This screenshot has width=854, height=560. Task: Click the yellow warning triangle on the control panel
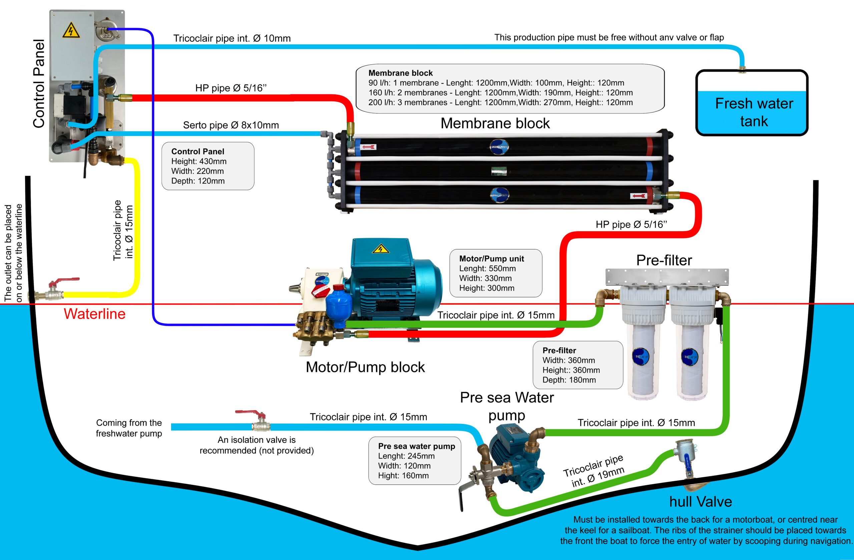[71, 30]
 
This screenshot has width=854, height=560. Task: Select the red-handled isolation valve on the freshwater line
[251, 413]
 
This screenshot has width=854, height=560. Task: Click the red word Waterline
[95, 314]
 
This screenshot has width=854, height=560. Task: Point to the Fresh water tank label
[754, 112]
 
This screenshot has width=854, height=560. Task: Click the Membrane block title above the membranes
[495, 123]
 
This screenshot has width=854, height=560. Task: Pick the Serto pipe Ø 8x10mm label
[231, 125]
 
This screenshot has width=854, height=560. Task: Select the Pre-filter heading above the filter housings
[664, 260]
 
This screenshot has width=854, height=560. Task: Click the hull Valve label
[701, 502]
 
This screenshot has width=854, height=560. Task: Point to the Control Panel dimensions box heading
[198, 151]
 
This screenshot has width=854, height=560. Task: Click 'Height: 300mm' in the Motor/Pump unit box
[487, 288]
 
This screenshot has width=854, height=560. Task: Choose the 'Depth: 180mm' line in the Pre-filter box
[569, 380]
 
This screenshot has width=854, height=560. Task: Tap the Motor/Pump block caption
[365, 367]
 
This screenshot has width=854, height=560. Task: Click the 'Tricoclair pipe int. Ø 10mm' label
[232, 38]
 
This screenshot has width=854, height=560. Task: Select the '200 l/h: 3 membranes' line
[500, 103]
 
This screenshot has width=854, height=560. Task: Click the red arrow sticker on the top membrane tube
[369, 147]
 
